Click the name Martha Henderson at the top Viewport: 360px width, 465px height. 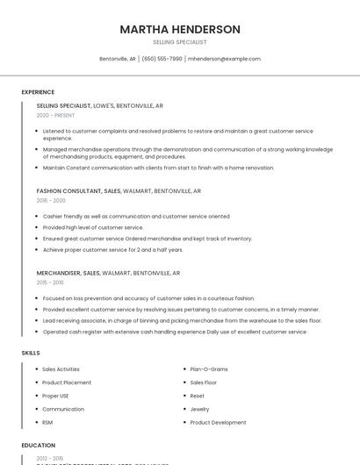180,29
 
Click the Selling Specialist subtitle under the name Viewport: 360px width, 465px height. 180,42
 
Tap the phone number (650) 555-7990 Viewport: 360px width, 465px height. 162,59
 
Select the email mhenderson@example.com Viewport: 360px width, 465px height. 224,59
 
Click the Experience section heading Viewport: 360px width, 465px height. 38,92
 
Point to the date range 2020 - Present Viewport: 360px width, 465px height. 55,115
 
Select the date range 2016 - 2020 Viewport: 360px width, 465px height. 51,200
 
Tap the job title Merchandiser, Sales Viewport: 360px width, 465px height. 68,273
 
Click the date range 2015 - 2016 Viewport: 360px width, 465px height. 50,283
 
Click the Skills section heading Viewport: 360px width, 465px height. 31,353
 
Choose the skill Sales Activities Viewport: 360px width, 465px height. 61,369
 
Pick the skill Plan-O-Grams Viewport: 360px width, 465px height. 209,369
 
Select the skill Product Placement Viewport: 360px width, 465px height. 67,383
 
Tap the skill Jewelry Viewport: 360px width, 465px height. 199,409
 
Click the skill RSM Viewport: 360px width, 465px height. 47,422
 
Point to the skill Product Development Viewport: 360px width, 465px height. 218,422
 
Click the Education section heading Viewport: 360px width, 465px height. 38,445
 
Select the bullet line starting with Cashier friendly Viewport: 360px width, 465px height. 136,216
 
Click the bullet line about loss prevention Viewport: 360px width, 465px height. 148,298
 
